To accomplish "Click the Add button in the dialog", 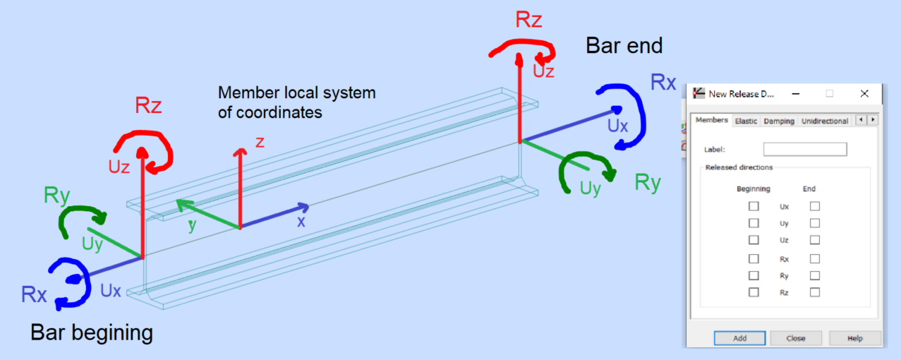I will click(739, 338).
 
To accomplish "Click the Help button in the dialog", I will click(854, 338).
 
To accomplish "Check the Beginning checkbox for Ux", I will click(754, 206).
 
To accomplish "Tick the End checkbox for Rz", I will click(815, 292).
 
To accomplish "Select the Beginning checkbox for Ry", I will click(754, 275).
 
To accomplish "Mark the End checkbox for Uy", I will click(815, 223).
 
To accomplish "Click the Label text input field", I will click(804, 149).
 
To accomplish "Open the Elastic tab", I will click(746, 121).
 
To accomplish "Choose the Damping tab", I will click(779, 121).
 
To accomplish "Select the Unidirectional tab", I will click(825, 121).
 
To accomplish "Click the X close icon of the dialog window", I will click(864, 93).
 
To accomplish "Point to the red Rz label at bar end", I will click(528, 20).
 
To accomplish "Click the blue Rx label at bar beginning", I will click(34, 294).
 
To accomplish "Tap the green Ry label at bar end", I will click(647, 182).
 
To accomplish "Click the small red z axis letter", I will click(260, 142).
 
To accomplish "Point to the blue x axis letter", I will click(301, 221).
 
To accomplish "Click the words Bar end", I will click(624, 46).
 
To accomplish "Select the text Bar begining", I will click(92, 332).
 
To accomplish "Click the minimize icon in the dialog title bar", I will click(794, 93).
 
